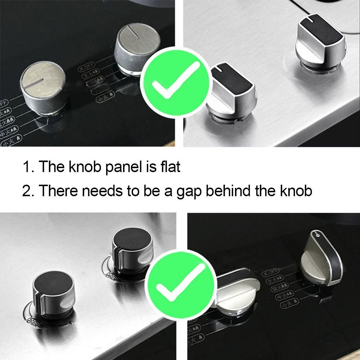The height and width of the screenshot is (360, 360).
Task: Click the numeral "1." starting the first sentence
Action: coord(28,167)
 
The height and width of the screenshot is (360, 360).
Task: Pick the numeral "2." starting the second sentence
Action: coord(28,191)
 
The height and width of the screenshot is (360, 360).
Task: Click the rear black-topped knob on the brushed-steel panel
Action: coord(320,41)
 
